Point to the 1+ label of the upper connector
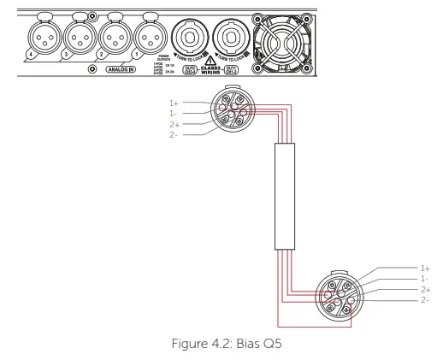174,103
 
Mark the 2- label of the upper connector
174,134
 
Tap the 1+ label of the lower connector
425,269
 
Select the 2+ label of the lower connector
425,289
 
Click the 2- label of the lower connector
425,299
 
